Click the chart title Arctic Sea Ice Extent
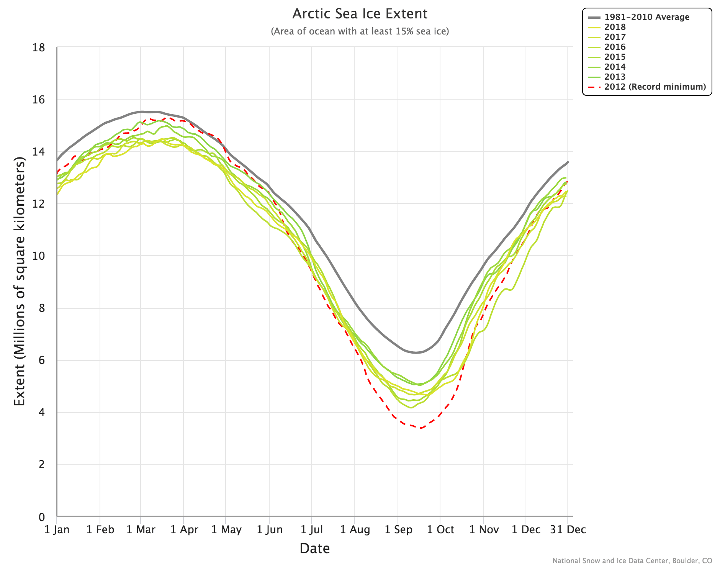pyautogui.click(x=360, y=14)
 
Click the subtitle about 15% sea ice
pyautogui.click(x=360, y=31)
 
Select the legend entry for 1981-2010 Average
pyautogui.click(x=646, y=17)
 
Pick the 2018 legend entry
pyautogui.click(x=615, y=27)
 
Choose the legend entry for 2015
pyautogui.click(x=615, y=57)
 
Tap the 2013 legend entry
pyautogui.click(x=615, y=77)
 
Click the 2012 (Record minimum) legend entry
pyautogui.click(x=655, y=87)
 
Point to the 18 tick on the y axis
pyautogui.click(x=39, y=48)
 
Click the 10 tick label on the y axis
pyautogui.click(x=39, y=256)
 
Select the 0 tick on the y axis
pyautogui.click(x=41, y=517)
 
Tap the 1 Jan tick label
pyautogui.click(x=57, y=529)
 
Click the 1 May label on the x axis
pyautogui.click(x=226, y=529)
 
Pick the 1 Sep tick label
pyautogui.click(x=398, y=529)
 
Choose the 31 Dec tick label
pyautogui.click(x=568, y=529)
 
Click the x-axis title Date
pyautogui.click(x=314, y=548)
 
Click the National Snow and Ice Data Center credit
pyautogui.click(x=632, y=560)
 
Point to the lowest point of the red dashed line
pyautogui.click(x=421, y=428)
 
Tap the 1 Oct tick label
pyautogui.click(x=440, y=529)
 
